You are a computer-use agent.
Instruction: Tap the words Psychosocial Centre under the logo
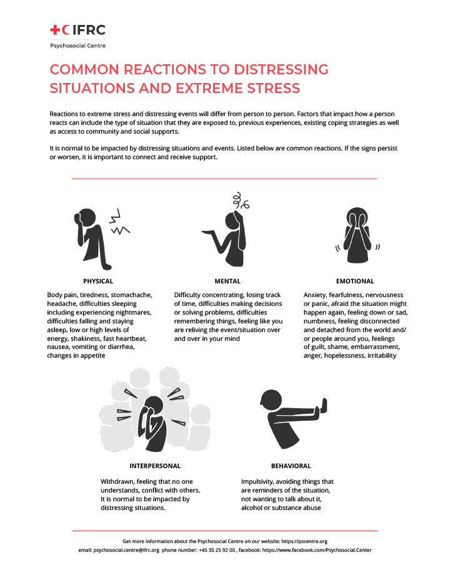point(77,46)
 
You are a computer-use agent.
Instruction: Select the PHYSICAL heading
point(98,281)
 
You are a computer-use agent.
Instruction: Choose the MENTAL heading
point(227,281)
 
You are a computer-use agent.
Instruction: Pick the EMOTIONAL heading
point(354,281)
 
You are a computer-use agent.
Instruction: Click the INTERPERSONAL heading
point(155,466)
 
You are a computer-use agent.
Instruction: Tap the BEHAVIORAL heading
point(291,466)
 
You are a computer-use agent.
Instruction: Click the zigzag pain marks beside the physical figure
point(119,225)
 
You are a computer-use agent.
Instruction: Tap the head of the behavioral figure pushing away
point(271,400)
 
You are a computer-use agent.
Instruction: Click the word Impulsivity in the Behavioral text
point(259,482)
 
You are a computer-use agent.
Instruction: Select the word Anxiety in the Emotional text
point(317,295)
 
